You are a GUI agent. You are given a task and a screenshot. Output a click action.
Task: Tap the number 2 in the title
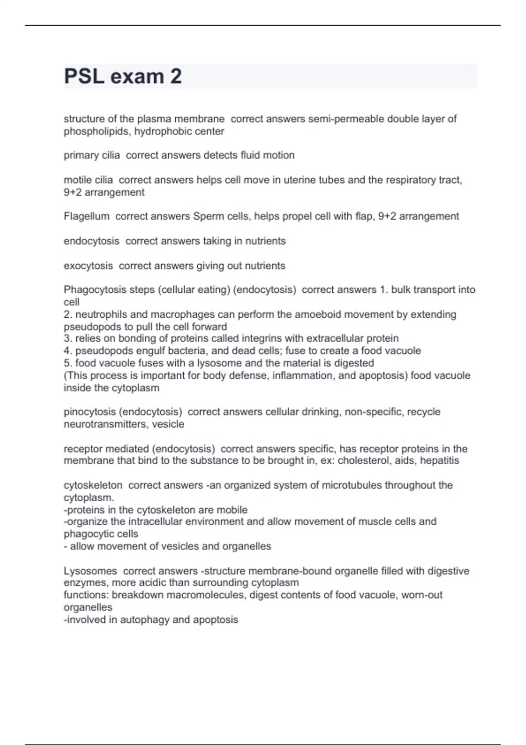(176, 77)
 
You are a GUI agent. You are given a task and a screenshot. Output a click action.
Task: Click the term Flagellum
(86, 216)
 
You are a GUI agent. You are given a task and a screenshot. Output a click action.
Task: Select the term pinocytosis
(90, 412)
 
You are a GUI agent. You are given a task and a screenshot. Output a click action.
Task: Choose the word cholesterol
(363, 461)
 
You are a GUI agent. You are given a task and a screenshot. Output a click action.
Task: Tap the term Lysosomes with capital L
(90, 571)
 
